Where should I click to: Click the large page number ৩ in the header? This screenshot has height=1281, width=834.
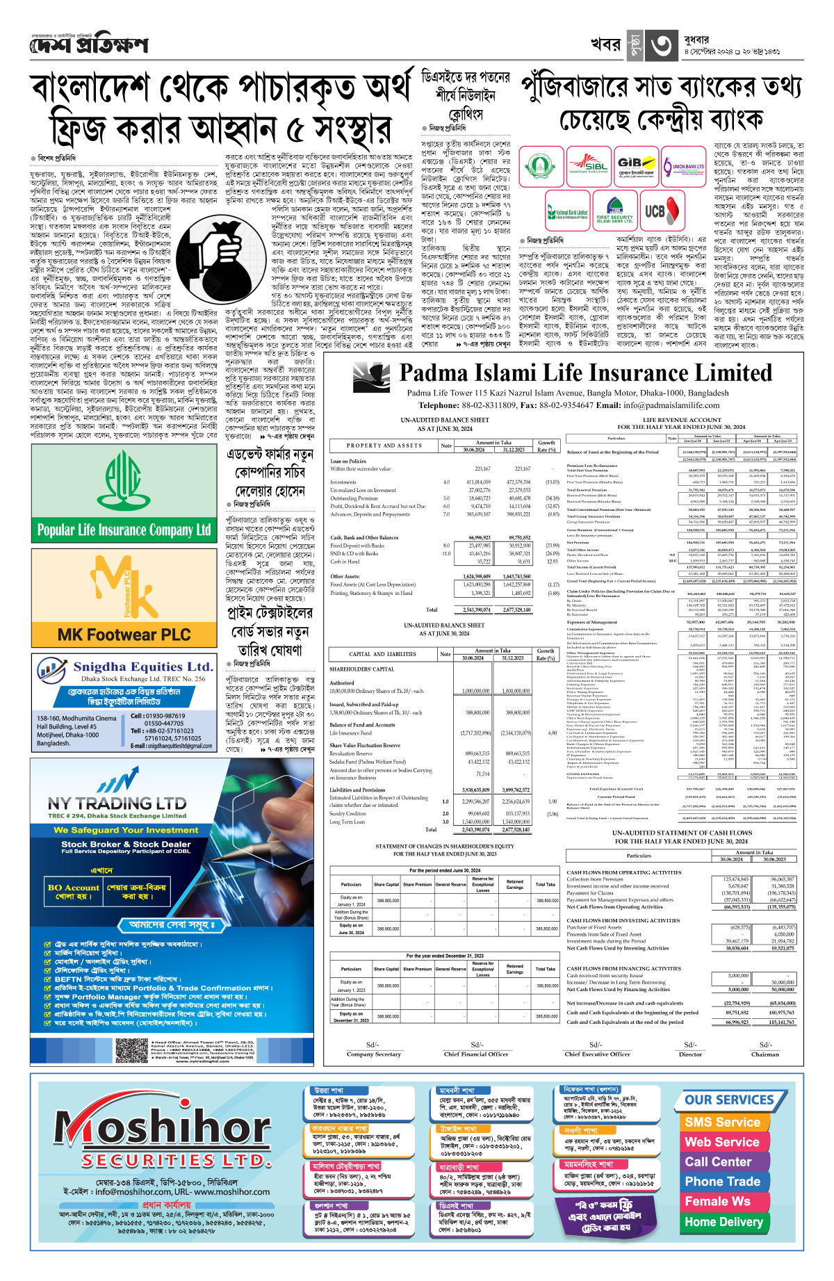tap(662, 44)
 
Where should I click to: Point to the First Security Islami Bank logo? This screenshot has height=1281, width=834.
tap(614, 211)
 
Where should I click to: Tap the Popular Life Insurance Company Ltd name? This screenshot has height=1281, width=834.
tap(124, 530)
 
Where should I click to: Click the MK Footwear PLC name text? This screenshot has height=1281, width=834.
tap(124, 634)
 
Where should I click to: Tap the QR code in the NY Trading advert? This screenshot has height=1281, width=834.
tap(132, 1051)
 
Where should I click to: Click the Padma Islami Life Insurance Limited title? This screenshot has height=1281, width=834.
tap(585, 373)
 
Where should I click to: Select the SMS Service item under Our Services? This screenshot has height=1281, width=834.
tap(722, 1122)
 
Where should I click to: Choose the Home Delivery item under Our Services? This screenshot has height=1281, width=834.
tap(723, 1221)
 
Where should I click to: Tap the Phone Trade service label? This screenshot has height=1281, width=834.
tap(722, 1182)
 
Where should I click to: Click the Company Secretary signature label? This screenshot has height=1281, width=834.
tap(373, 1054)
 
